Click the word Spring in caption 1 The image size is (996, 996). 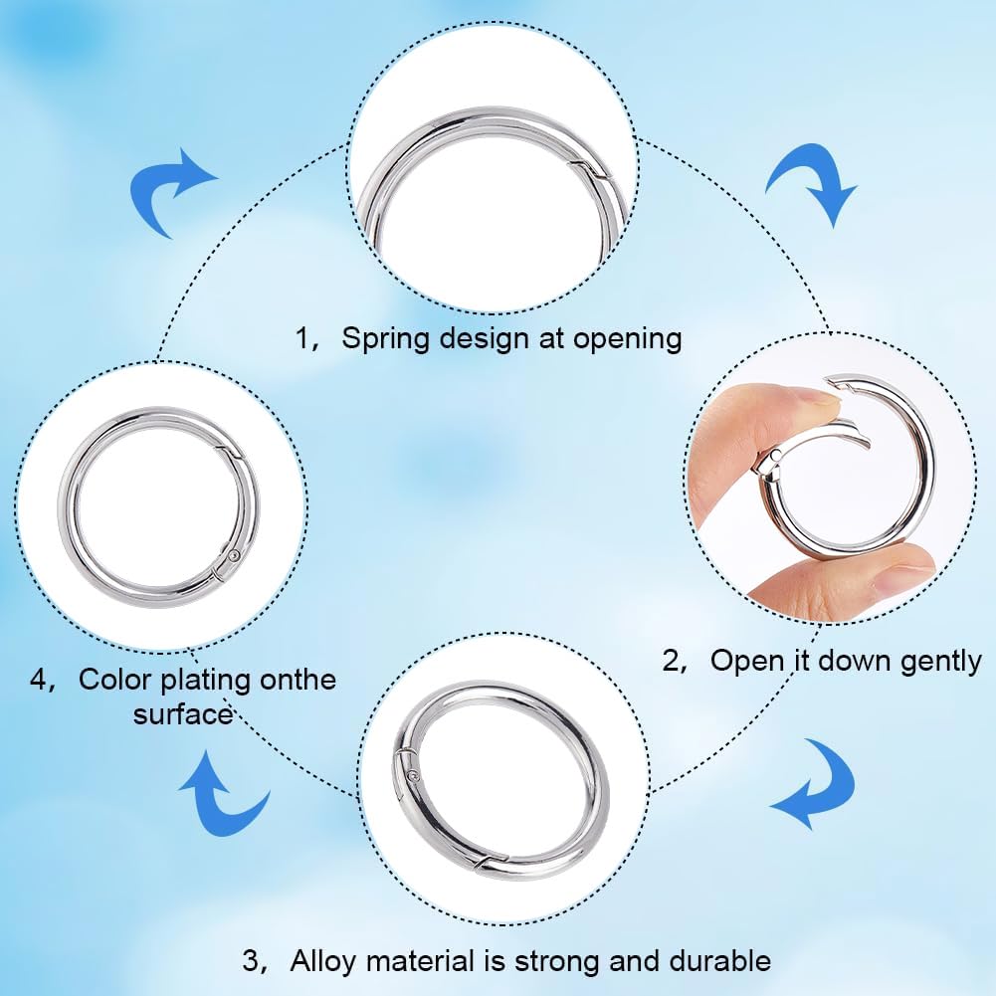tap(387, 338)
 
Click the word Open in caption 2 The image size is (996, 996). tap(745, 661)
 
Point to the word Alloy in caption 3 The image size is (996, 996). tap(323, 961)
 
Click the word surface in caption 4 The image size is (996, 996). tap(183, 714)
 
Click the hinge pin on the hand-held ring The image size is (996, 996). tap(777, 456)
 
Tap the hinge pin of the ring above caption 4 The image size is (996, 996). tap(235, 556)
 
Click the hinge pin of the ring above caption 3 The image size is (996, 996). tap(415, 777)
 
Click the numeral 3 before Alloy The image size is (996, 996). tap(251, 961)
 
